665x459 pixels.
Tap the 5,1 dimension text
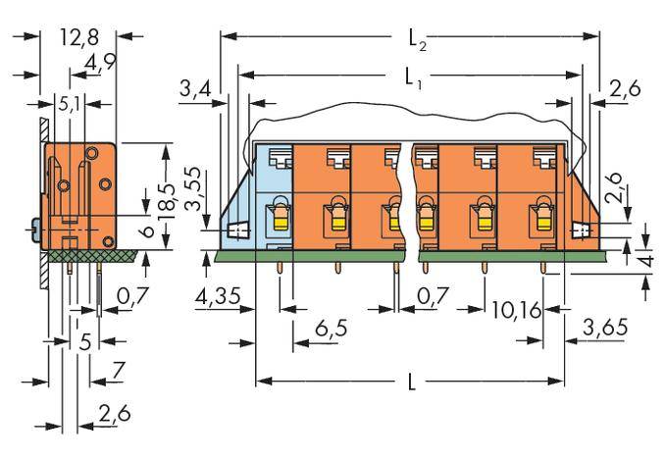[71, 102]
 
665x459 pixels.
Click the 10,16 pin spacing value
[516, 311]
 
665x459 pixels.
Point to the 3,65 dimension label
[605, 327]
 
